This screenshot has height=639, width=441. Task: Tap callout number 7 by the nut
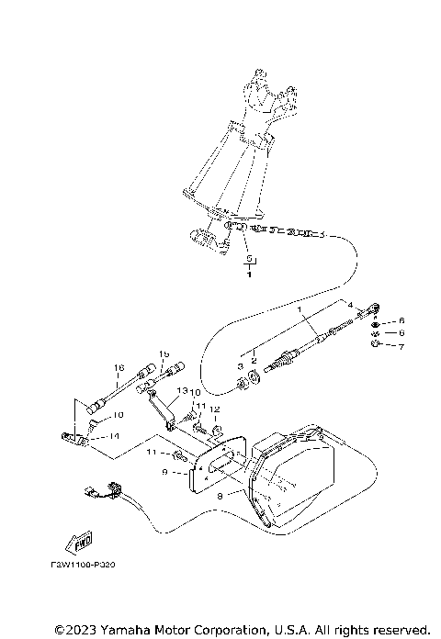click(401, 345)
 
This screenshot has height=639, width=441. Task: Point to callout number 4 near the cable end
click(349, 304)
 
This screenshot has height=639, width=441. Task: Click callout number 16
click(119, 368)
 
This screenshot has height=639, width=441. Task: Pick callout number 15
click(164, 354)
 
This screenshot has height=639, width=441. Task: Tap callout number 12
click(213, 409)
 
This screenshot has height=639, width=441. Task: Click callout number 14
click(115, 438)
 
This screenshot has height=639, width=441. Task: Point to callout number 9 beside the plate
click(164, 472)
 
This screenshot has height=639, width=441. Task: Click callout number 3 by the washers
click(241, 365)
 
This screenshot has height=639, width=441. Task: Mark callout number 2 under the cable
click(254, 361)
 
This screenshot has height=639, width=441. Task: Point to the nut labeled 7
click(377, 345)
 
